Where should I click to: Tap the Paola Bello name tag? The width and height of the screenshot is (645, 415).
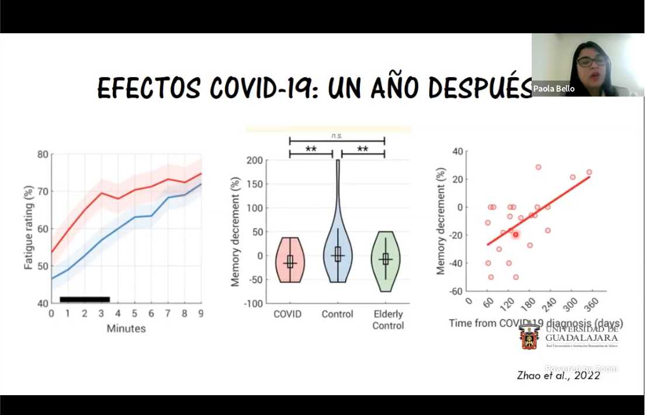pyautogui.click(x=553, y=89)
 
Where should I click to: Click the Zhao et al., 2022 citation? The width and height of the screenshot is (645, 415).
pyautogui.click(x=559, y=375)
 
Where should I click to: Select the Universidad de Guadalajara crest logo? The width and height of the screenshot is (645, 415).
pyautogui.click(x=529, y=337)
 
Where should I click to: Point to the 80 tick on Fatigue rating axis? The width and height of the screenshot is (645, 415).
pyautogui.click(x=43, y=155)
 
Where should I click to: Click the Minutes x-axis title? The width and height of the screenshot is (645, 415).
pyautogui.click(x=126, y=329)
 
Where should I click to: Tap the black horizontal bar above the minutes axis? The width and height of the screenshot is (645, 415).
pyautogui.click(x=85, y=299)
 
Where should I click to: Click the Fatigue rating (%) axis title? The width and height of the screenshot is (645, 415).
pyautogui.click(x=28, y=228)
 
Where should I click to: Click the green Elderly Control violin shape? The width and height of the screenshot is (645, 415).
pyautogui.click(x=385, y=260)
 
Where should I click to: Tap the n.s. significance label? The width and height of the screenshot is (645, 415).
pyautogui.click(x=337, y=135)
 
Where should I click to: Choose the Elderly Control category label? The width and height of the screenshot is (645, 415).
pyautogui.click(x=388, y=320)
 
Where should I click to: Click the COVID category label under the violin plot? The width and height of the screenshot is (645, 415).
pyautogui.click(x=287, y=314)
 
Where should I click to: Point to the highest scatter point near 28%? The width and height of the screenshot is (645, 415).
pyautogui.click(x=538, y=167)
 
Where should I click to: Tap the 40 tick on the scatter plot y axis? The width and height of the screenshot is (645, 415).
pyautogui.click(x=457, y=151)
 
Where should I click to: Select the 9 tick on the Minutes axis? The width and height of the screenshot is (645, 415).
pyautogui.click(x=202, y=313)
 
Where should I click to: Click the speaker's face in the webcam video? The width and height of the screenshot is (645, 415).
pyautogui.click(x=592, y=64)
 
